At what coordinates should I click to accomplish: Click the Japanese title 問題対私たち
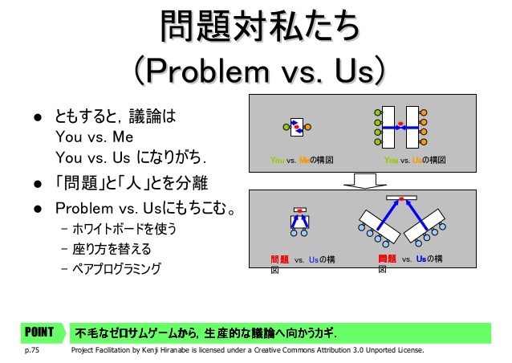click(x=260, y=27)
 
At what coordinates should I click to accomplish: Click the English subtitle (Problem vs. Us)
click(x=260, y=71)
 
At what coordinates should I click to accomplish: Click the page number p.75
click(x=31, y=350)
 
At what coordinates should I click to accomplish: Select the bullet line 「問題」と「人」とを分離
click(x=132, y=182)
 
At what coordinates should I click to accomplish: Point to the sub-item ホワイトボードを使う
click(x=124, y=229)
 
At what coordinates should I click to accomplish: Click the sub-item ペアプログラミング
click(x=116, y=269)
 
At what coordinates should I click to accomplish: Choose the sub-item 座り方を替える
click(x=112, y=249)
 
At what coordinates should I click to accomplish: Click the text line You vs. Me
click(x=95, y=137)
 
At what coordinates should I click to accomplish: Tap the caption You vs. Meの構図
click(x=302, y=160)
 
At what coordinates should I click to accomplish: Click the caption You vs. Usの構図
click(x=415, y=160)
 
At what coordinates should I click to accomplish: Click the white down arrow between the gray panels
click(x=365, y=181)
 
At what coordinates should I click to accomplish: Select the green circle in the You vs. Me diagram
click(x=286, y=127)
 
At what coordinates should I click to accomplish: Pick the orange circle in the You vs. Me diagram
click(x=307, y=127)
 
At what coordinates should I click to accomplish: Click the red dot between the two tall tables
click(x=400, y=124)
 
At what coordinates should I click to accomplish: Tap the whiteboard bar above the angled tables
click(x=401, y=198)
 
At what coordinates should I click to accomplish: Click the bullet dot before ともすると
click(x=38, y=117)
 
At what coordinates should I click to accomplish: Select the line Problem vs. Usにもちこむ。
click(x=145, y=209)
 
